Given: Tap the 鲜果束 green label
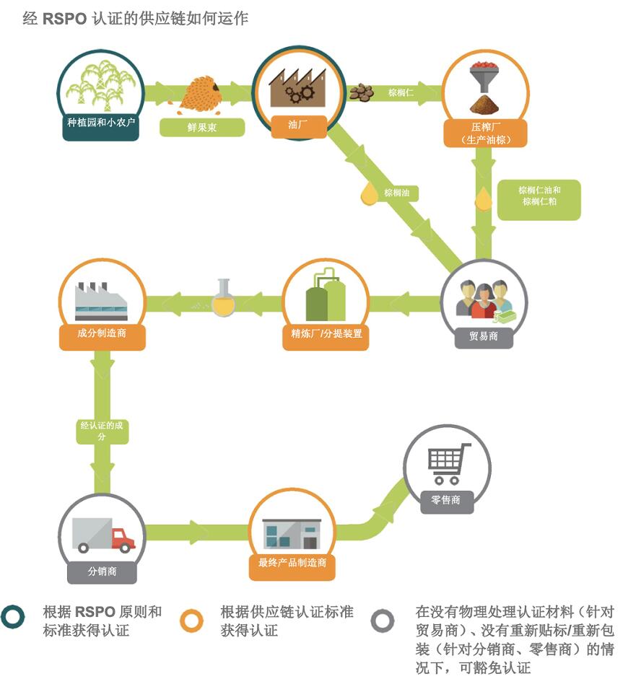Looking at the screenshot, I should (202, 128).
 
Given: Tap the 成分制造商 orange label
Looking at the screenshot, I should (102, 335).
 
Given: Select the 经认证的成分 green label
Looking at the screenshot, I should (102, 431).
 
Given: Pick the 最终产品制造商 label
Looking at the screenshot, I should (292, 563).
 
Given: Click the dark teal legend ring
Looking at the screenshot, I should (15, 620).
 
